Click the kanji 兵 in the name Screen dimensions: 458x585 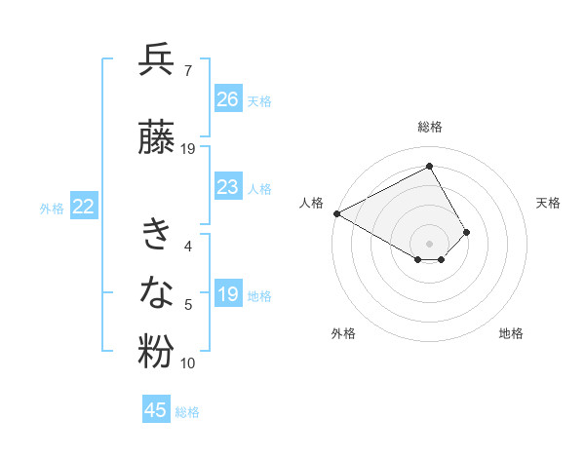tap(157, 60)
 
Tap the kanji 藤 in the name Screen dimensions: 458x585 tap(157, 138)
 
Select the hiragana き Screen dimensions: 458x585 tap(157, 234)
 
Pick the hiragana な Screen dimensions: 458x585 tap(157, 292)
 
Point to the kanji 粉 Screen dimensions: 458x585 tap(157, 352)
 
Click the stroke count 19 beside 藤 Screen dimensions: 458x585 tap(188, 149)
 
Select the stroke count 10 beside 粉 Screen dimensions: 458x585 tap(188, 363)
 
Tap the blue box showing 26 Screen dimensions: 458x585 tap(228, 99)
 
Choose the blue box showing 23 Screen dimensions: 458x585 tap(228, 187)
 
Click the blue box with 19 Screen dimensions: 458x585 tap(228, 294)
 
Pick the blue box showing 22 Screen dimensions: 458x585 tap(84, 207)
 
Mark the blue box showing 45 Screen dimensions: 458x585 tap(156, 410)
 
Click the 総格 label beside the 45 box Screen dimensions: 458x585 tap(187, 412)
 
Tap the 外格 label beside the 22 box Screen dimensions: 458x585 tap(52, 208)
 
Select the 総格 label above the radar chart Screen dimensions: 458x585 tap(430, 127)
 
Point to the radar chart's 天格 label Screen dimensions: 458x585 tap(549, 203)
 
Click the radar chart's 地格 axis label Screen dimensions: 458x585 tap(511, 333)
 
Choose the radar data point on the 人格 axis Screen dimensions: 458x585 tap(336, 212)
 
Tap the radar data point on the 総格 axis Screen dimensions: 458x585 tap(430, 167)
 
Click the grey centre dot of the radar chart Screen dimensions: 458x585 tap(430, 242)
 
